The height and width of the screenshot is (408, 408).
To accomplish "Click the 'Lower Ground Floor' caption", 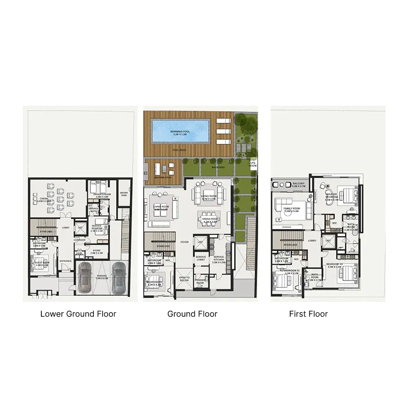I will pos(78,314).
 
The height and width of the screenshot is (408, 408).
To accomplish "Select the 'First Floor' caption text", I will pos(308,314).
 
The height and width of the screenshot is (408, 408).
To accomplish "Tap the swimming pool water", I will pos(181,131).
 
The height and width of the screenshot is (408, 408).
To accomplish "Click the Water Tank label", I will pos(124,194).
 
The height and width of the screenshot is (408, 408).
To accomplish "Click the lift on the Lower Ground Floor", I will pos(81,228).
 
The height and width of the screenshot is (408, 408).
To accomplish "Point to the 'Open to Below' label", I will pos(184,278).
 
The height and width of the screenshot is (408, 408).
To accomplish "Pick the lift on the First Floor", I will pos(328,241).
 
